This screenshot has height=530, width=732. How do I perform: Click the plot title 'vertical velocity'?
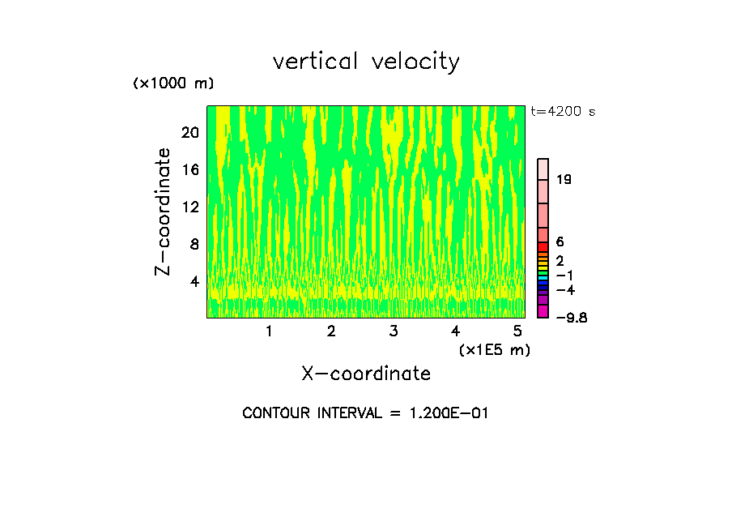[x=366, y=62]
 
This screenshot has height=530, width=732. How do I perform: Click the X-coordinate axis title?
[x=366, y=374]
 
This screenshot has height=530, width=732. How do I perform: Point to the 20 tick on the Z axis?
[x=190, y=132]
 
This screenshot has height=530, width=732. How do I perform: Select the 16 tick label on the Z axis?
[x=190, y=169]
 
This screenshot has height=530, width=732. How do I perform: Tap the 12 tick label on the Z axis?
[x=190, y=207]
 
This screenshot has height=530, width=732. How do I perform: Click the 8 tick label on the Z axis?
[x=194, y=244]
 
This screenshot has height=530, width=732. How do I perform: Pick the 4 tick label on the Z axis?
[x=194, y=281]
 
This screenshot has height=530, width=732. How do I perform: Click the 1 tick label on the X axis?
[x=269, y=331]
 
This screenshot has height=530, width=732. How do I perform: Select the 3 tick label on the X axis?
[x=393, y=331]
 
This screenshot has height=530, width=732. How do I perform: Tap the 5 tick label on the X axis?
[x=517, y=331]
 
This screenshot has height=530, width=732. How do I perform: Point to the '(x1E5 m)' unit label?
[x=495, y=349]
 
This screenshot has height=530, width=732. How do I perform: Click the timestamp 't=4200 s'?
[x=563, y=112]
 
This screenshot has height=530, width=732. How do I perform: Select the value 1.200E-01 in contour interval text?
[x=444, y=413]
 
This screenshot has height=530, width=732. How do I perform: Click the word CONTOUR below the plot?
[x=277, y=413]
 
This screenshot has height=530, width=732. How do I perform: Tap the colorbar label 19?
[x=564, y=179]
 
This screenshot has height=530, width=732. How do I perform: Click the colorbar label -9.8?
[x=572, y=318]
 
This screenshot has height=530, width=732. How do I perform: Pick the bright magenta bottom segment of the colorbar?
[x=543, y=311]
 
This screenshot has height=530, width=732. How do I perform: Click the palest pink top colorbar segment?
[x=543, y=168]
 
